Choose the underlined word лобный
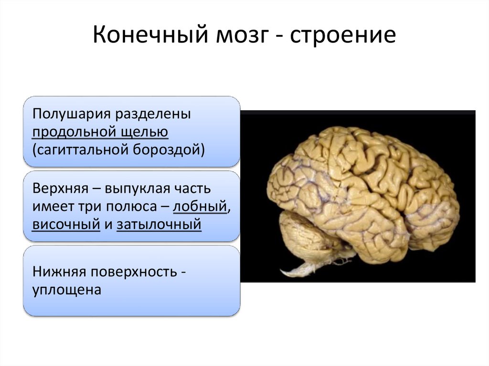tap(200, 207)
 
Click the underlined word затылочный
tap(159, 224)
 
